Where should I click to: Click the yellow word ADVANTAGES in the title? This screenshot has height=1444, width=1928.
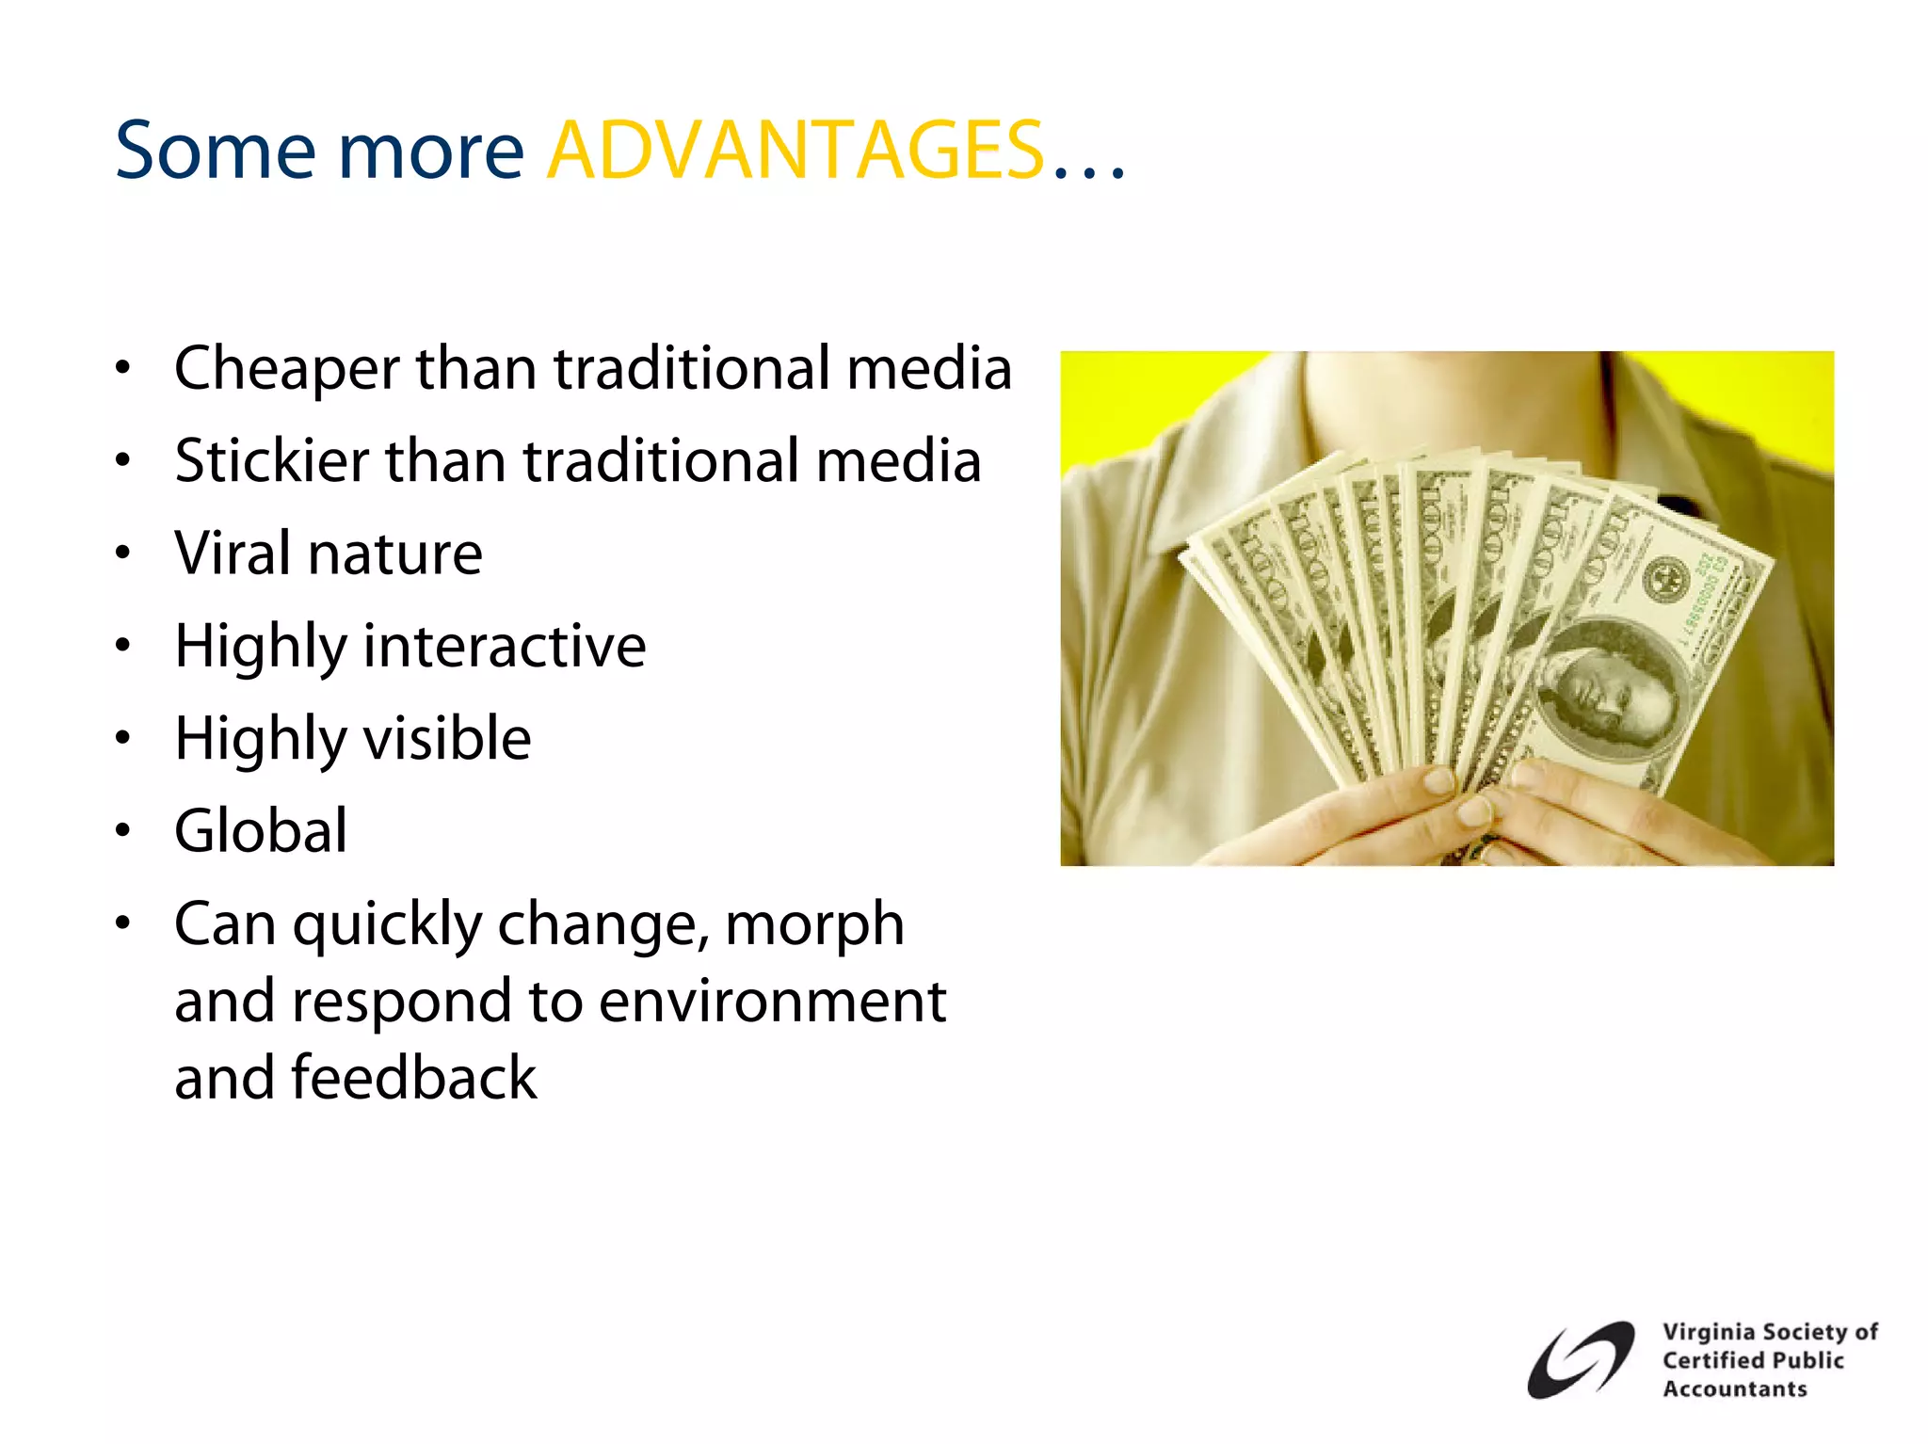(795, 151)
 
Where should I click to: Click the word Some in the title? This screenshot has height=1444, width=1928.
(215, 151)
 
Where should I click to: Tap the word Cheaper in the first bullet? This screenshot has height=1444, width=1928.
(286, 368)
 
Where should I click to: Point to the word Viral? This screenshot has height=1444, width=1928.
(233, 553)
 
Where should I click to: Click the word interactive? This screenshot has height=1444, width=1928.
(505, 646)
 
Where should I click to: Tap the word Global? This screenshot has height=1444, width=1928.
(261, 831)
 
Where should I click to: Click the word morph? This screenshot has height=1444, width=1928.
(814, 924)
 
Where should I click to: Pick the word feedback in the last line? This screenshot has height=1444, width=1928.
(413, 1078)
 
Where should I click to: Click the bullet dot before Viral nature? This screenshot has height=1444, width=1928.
(122, 553)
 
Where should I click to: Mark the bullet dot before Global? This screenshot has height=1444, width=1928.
(122, 831)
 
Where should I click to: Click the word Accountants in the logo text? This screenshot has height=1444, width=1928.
(1734, 1389)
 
